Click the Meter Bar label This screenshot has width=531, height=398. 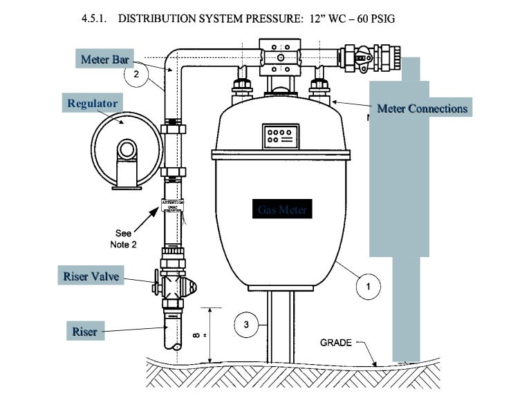(104, 59)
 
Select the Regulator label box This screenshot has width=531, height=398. (92, 104)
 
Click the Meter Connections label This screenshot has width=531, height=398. (422, 108)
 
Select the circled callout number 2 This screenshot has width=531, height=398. (136, 75)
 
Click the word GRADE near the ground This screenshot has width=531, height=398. (336, 343)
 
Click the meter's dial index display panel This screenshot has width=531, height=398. (280, 135)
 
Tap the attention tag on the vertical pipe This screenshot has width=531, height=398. (172, 205)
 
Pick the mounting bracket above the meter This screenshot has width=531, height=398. (279, 58)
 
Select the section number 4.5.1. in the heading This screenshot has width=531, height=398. (96, 18)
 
